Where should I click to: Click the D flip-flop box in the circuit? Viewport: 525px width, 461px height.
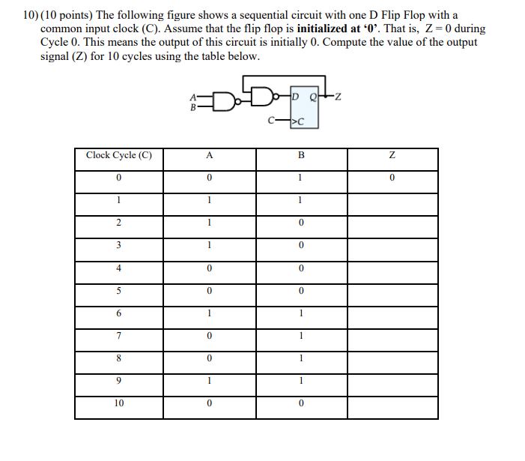(x=304, y=109)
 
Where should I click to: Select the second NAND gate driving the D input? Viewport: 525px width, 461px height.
(x=262, y=96)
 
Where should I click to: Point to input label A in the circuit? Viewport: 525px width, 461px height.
(x=194, y=95)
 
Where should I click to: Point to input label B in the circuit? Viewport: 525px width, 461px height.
(x=194, y=106)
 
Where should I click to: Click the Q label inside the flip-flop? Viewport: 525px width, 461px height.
(x=313, y=96)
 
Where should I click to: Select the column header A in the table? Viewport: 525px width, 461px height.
(x=209, y=156)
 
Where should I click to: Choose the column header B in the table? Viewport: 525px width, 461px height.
(x=300, y=156)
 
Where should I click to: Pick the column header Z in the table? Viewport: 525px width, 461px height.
(x=392, y=156)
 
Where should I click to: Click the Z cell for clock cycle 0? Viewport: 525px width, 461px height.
(x=392, y=178)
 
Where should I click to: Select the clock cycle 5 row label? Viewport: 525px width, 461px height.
(x=118, y=291)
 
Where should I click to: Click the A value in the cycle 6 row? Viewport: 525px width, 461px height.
(x=209, y=313)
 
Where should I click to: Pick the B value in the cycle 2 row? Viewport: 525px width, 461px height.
(x=300, y=223)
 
